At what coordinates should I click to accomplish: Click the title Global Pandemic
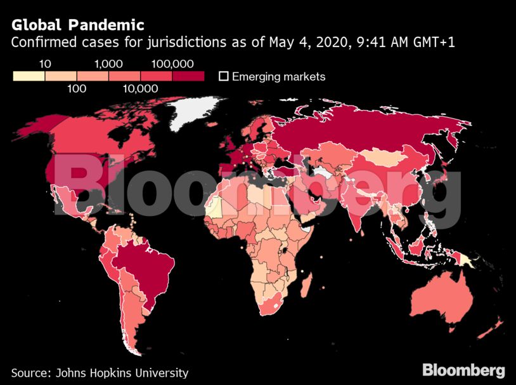pyautogui.click(x=77, y=25)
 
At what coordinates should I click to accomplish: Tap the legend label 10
pyautogui.click(x=45, y=64)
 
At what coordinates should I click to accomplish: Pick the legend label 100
pyautogui.click(x=77, y=88)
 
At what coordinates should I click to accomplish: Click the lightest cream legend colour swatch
pyautogui.click(x=29, y=76)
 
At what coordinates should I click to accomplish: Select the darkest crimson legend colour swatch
pyautogui.click(x=188, y=76)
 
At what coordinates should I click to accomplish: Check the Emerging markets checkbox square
pyautogui.click(x=223, y=76)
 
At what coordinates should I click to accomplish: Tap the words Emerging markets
pyautogui.click(x=278, y=77)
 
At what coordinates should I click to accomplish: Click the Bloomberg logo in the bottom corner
pyautogui.click(x=463, y=370)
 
